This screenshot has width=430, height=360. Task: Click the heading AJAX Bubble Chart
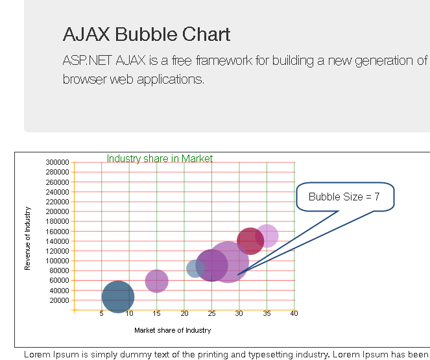pos(147,34)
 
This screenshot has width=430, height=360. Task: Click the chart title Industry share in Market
pos(160,158)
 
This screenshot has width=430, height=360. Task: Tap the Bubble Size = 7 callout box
pos(344,197)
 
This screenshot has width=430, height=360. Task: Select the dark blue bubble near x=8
pos(118,296)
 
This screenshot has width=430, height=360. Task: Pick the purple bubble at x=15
pos(156,281)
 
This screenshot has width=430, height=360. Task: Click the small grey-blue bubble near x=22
pos(194,268)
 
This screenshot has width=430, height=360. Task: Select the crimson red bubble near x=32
pos(250,241)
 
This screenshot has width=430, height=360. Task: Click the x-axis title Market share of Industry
pos(173,330)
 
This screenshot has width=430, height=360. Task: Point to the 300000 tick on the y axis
pos(58,162)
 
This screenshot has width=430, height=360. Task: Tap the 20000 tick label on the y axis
pos(59,300)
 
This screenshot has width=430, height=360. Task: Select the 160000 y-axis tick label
pos(58,232)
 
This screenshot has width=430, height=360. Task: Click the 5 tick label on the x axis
pos(102,314)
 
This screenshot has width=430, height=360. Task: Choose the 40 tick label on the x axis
pos(294,314)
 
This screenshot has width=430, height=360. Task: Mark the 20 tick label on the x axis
pos(184,314)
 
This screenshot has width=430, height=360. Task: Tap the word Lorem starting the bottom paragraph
pos(36,354)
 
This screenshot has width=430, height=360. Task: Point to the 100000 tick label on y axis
pos(58,261)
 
